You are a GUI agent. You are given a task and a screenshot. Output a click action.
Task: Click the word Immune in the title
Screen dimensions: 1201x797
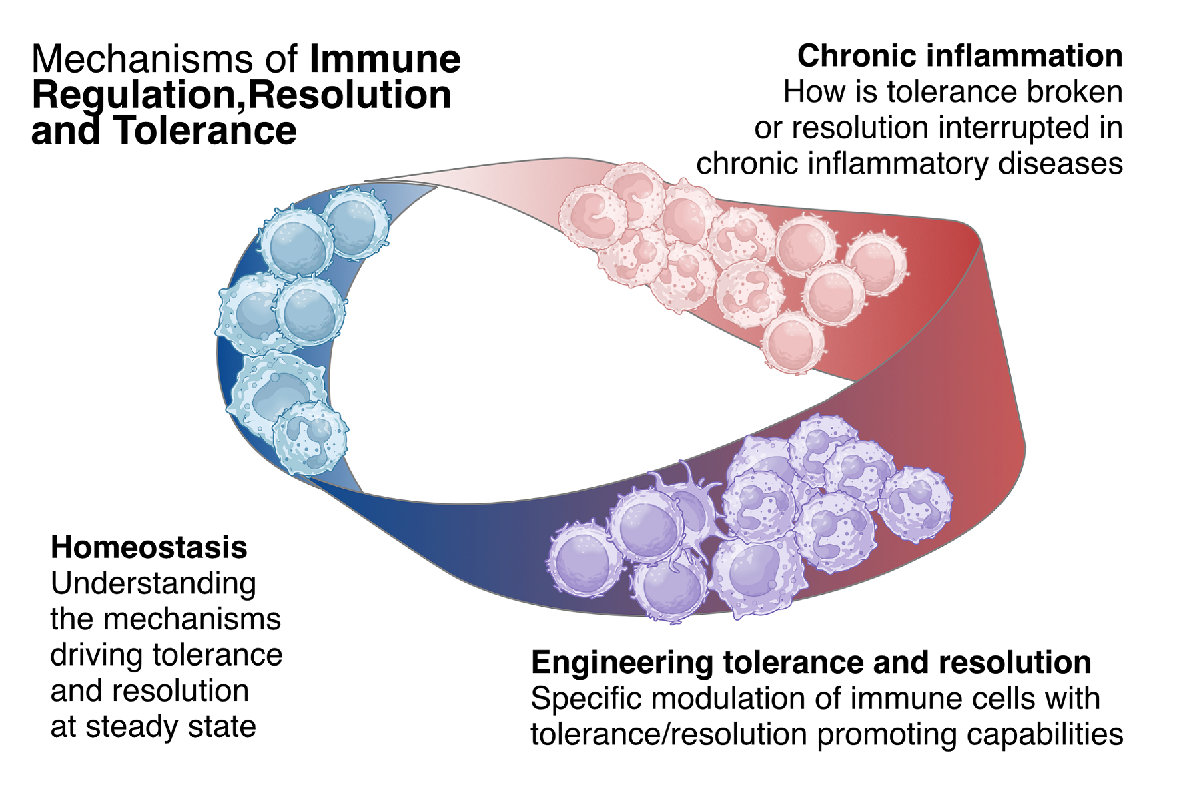click(x=385, y=59)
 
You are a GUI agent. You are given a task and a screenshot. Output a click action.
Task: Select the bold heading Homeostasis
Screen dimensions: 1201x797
click(x=149, y=547)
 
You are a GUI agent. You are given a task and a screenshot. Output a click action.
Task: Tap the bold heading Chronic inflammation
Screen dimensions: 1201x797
click(x=959, y=56)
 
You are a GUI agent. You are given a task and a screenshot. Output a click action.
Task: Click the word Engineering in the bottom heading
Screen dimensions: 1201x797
click(x=623, y=663)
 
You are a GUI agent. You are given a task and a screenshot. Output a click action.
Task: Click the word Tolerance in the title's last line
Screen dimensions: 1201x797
click(x=205, y=131)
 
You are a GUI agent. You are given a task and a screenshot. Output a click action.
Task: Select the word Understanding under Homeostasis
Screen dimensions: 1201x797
click(x=153, y=584)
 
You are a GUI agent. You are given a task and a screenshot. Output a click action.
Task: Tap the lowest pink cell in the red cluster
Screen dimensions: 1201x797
click(x=793, y=342)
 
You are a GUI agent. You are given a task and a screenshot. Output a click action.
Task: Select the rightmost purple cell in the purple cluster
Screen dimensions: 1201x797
click(x=915, y=505)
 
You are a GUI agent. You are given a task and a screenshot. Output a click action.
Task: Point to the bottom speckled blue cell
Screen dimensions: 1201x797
click(x=310, y=437)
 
